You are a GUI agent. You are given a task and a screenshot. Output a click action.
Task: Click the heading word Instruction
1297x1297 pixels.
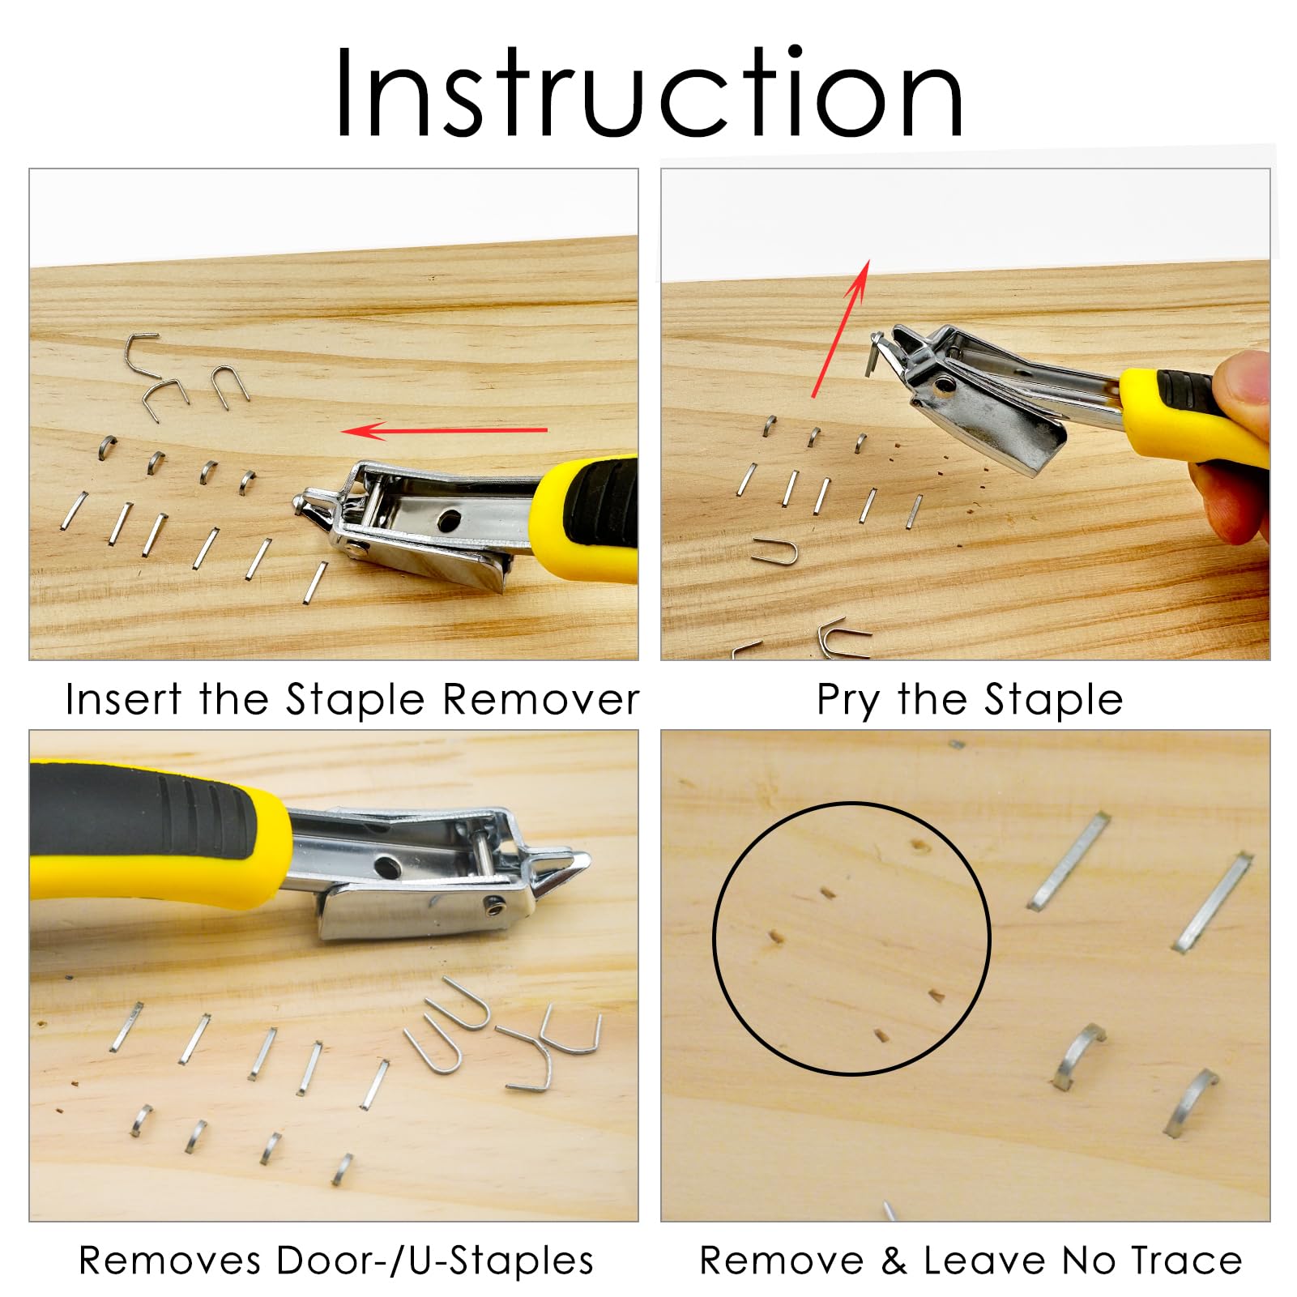648,93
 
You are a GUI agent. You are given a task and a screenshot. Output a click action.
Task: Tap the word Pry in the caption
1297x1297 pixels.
847,701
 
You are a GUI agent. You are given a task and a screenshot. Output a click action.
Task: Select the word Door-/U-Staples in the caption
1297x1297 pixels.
434,1261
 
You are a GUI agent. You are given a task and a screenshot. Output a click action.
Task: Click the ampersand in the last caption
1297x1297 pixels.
894,1261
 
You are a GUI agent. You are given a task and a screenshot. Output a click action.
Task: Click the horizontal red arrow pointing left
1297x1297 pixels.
445,430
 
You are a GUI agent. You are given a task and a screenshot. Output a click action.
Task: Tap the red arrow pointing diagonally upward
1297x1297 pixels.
841,328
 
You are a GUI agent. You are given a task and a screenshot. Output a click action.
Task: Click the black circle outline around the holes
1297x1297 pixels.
715,938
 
